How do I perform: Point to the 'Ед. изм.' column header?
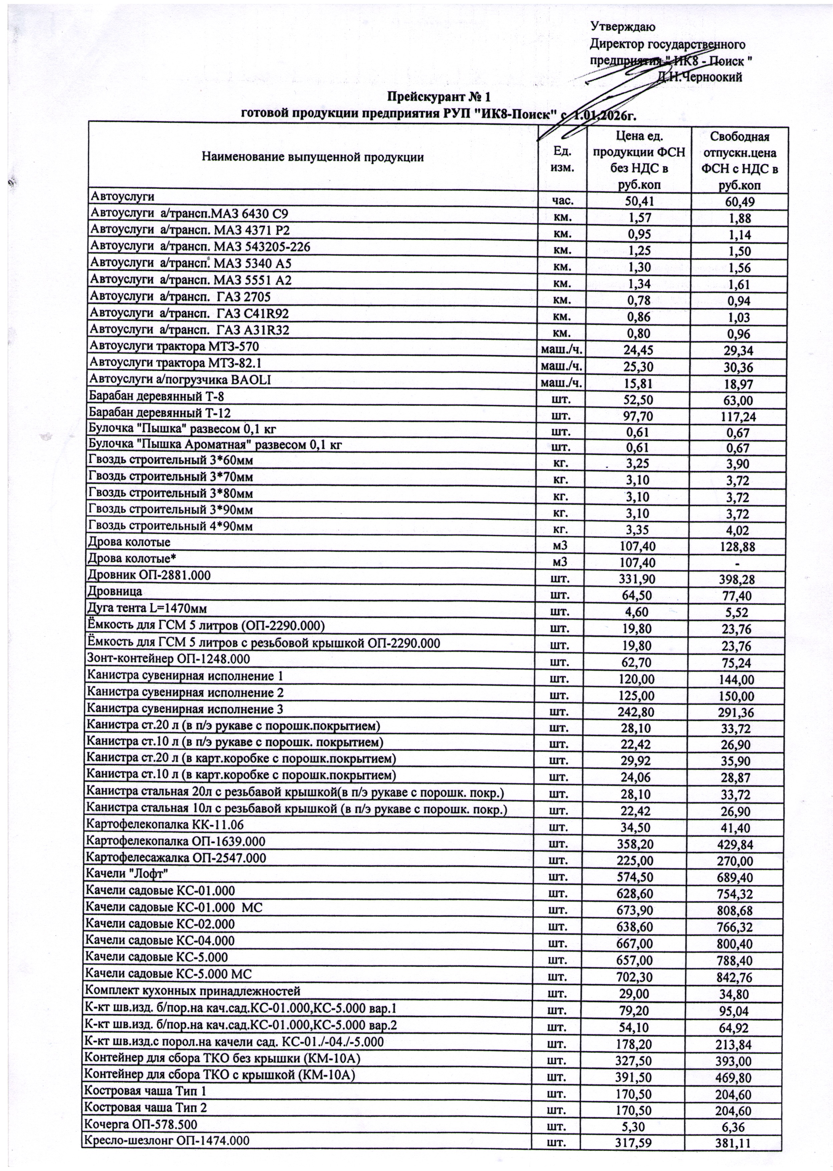(562, 159)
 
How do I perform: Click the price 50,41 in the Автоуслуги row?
(639, 201)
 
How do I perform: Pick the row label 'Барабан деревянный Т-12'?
(157, 412)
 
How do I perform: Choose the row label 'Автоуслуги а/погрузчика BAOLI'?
(180, 380)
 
